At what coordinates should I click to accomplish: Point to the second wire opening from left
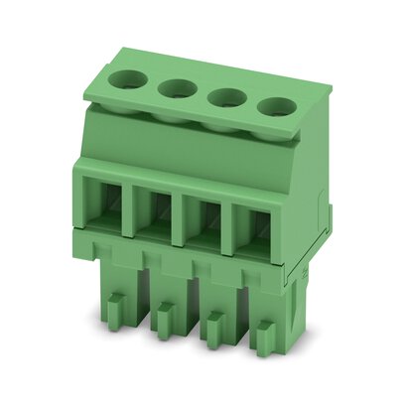tap(158, 212)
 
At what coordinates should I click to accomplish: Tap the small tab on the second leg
tap(163, 316)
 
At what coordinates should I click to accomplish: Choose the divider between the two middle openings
tap(182, 216)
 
